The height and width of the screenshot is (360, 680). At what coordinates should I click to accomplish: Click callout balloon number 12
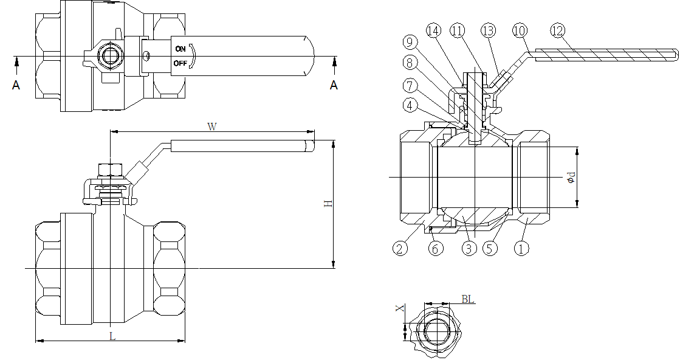(x=558, y=31)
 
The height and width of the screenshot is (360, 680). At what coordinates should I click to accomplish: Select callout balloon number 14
(x=434, y=31)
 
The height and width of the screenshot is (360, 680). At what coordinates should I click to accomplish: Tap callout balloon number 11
(x=458, y=31)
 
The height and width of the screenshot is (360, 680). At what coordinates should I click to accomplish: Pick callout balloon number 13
(x=489, y=31)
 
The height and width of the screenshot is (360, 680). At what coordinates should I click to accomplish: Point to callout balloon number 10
(x=520, y=31)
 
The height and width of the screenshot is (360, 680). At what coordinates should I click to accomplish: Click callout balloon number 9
(x=410, y=43)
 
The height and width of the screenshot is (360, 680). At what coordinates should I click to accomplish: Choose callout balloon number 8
(x=410, y=63)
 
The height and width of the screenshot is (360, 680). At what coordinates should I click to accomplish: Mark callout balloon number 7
(x=410, y=86)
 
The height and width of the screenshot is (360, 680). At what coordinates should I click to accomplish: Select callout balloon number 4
(x=410, y=105)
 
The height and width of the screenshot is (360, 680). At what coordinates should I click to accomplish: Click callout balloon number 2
(x=400, y=248)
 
